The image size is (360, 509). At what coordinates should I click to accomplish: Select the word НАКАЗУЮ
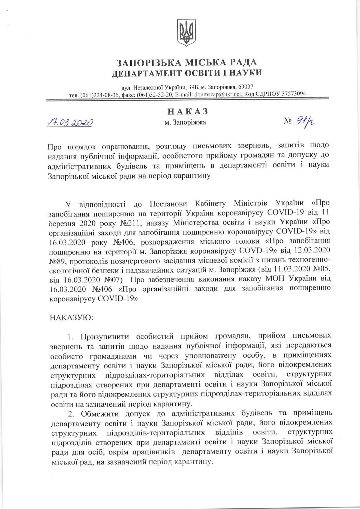coord(72,318)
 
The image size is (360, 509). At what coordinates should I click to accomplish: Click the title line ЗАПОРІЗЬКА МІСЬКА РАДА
coord(187,62)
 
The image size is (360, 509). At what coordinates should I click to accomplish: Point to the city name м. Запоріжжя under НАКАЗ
coord(185,123)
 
